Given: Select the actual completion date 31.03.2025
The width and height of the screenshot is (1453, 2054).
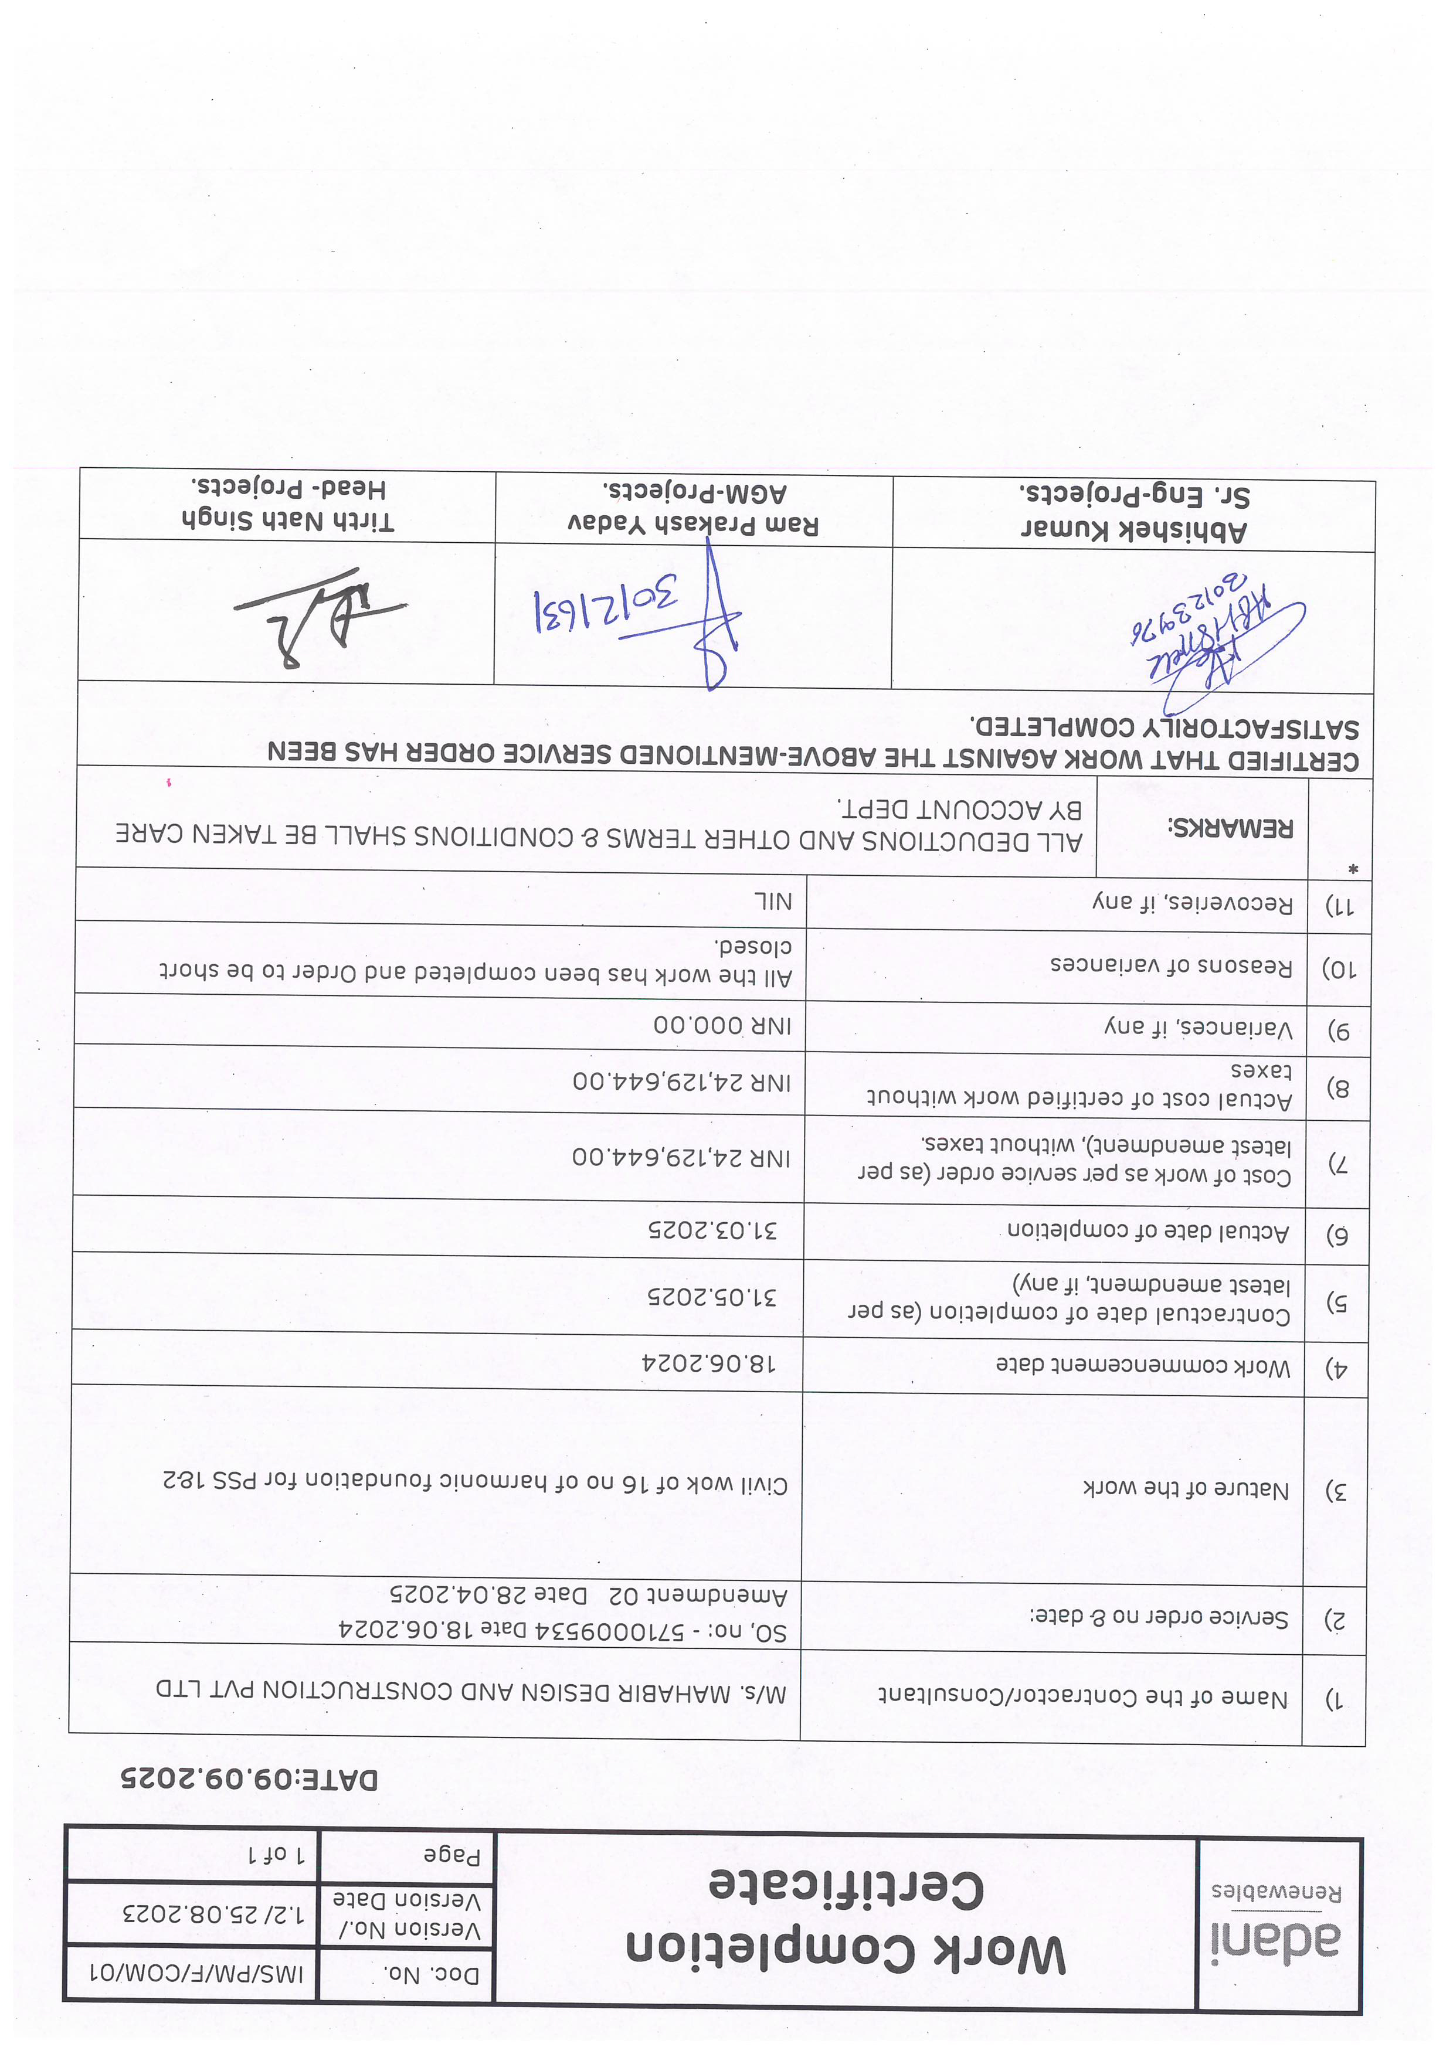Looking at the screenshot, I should (x=713, y=1229).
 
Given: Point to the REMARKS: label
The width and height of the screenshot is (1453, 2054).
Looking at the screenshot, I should (x=1231, y=828).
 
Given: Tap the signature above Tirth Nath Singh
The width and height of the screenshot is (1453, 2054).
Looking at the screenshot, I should (x=320, y=617).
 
